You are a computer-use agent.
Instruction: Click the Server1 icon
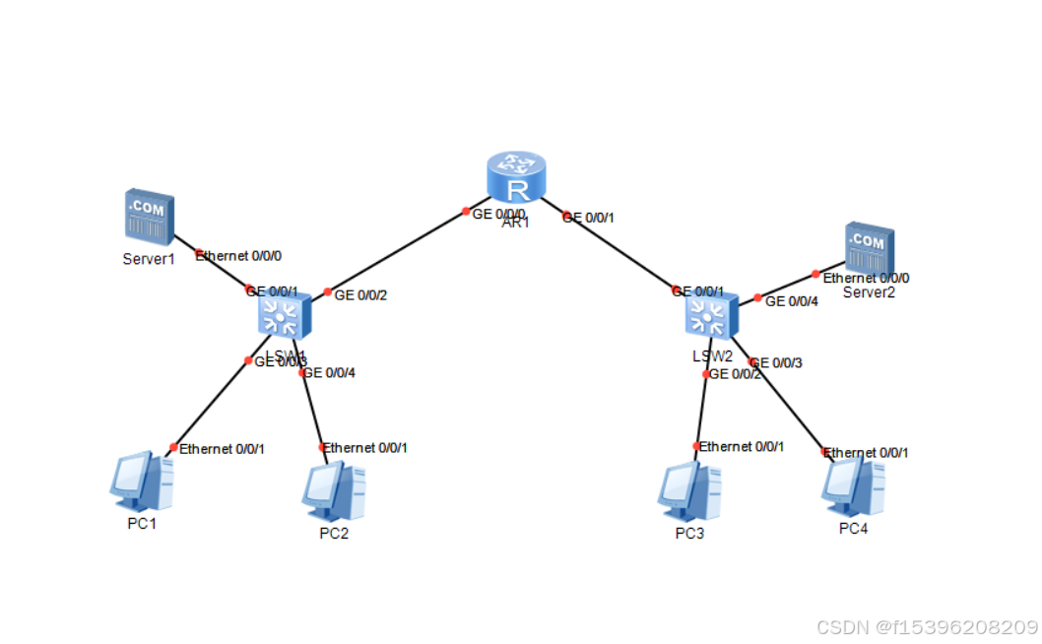click(x=149, y=216)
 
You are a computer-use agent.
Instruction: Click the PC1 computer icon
click(x=142, y=482)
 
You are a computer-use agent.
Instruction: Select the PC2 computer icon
click(x=333, y=491)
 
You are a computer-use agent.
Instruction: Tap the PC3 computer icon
click(x=688, y=491)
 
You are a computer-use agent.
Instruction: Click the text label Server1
click(x=149, y=259)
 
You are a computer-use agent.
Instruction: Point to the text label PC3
click(x=689, y=534)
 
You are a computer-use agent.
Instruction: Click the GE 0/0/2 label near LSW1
click(x=360, y=294)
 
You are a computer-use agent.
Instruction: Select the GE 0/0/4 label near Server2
click(x=791, y=301)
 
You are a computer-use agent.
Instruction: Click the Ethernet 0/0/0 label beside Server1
click(x=239, y=256)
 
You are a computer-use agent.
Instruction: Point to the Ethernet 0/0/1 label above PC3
click(x=742, y=447)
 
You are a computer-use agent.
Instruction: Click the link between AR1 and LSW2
click(x=620, y=251)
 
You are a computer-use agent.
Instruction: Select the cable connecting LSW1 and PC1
click(x=212, y=404)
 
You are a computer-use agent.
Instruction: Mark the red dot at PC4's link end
click(x=825, y=452)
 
